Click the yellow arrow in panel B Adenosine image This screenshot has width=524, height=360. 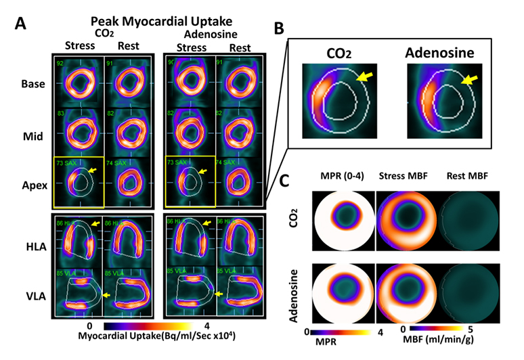[468, 81]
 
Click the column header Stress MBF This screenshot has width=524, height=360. [409, 177]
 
